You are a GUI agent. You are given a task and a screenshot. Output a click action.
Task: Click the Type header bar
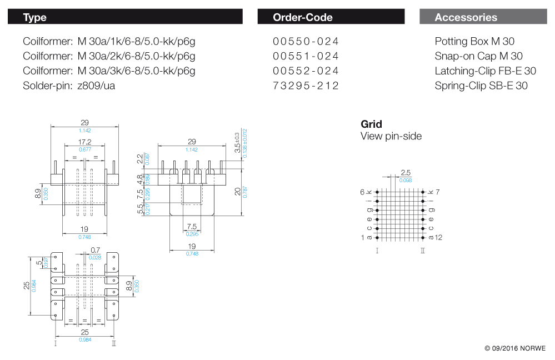coord(125,17)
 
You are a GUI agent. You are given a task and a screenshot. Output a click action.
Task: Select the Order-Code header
coord(331,17)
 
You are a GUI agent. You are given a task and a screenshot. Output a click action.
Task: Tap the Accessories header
coord(483,17)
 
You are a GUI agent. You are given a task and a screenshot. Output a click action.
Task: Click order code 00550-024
coord(306,41)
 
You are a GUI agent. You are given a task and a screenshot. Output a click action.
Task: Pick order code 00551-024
coord(306,56)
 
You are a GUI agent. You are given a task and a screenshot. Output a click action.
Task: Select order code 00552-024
coord(306,71)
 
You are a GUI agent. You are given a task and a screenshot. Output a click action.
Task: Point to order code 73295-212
coord(306,86)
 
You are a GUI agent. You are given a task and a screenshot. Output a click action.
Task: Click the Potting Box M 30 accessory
coord(474,41)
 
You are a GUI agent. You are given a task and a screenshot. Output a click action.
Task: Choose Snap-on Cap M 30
coord(478,56)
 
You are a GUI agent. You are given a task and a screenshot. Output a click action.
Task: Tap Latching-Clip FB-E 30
coord(485,71)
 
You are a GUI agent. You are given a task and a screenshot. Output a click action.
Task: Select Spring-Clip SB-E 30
coord(481,86)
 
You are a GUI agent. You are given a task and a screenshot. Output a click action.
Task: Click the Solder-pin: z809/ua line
coord(69,86)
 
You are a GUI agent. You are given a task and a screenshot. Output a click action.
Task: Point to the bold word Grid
coord(371,124)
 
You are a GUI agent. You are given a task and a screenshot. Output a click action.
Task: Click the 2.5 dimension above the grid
coord(406,173)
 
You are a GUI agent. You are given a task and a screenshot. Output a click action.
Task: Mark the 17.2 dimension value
coord(84,142)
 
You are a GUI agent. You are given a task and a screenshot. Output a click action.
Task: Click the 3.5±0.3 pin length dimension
coord(237,143)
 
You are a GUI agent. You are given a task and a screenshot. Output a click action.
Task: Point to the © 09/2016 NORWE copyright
coord(514,348)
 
